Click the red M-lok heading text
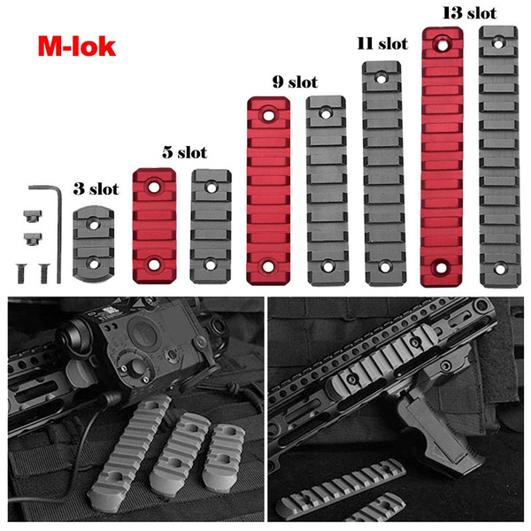(x=76, y=45)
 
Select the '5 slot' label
(x=184, y=152)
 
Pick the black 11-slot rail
(x=384, y=168)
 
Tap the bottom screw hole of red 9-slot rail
(x=269, y=265)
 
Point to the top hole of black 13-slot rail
(x=499, y=39)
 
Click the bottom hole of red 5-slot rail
(x=156, y=264)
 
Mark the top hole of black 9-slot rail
(x=326, y=112)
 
